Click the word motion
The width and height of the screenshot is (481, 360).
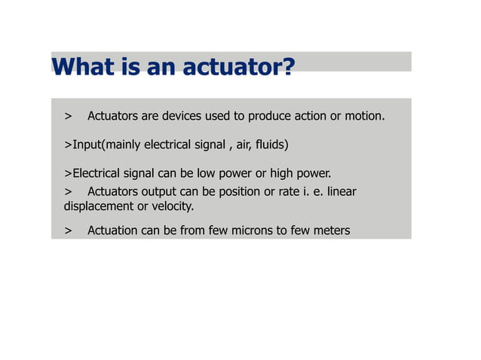[x=365, y=117]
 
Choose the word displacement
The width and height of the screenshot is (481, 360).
[x=97, y=206]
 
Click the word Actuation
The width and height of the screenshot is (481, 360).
[x=113, y=230]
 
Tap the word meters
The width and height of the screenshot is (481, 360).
[x=330, y=230]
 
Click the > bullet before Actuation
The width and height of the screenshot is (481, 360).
[x=69, y=230]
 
